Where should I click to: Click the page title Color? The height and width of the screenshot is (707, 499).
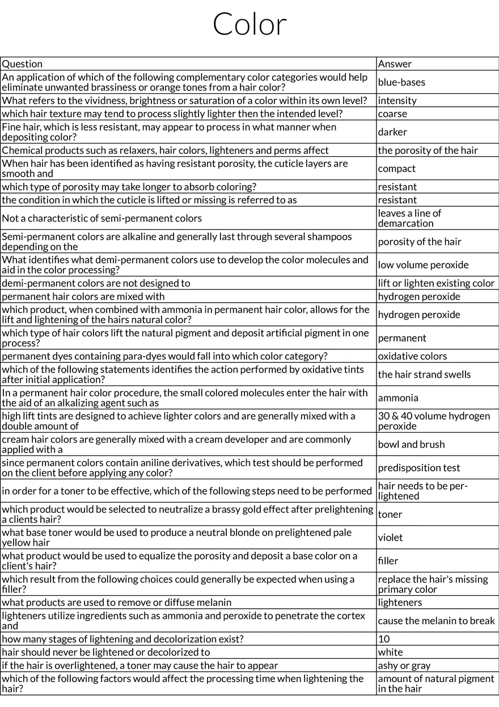[x=249, y=24]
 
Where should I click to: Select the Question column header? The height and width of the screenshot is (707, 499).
[x=22, y=64]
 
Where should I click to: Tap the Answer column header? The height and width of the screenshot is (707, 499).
[x=395, y=64]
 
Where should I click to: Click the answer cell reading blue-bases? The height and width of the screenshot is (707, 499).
[x=401, y=82]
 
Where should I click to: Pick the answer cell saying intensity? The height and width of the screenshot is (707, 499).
[x=397, y=101]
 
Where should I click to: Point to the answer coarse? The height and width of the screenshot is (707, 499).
[x=392, y=114]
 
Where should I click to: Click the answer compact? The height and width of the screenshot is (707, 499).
[x=396, y=169]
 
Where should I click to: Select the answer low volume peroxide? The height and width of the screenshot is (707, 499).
[x=423, y=265]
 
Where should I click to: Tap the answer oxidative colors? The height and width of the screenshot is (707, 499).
[x=412, y=356]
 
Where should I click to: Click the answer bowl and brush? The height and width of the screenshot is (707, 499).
[x=411, y=444]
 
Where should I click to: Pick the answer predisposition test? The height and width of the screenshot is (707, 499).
[x=419, y=468]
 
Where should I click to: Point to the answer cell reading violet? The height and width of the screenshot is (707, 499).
[x=390, y=537]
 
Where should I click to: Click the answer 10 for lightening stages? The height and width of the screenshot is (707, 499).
[x=384, y=639]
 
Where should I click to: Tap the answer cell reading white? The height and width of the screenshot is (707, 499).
[x=390, y=652]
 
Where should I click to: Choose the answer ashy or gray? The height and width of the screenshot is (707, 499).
[x=404, y=665]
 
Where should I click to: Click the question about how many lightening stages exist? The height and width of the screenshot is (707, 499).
[x=122, y=639]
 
